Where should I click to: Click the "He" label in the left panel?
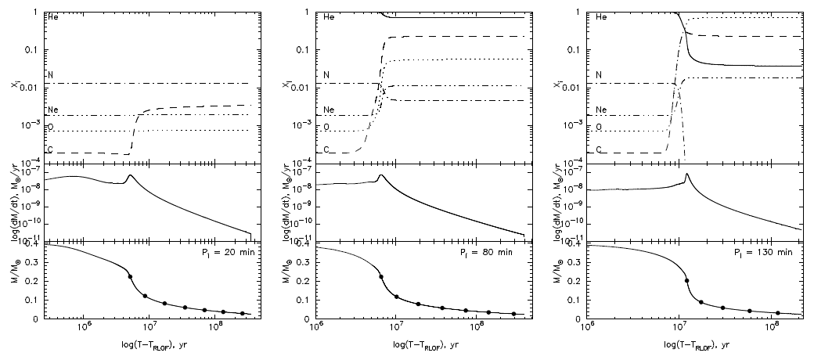52,16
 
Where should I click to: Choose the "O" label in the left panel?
52,126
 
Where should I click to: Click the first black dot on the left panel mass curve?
131,276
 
